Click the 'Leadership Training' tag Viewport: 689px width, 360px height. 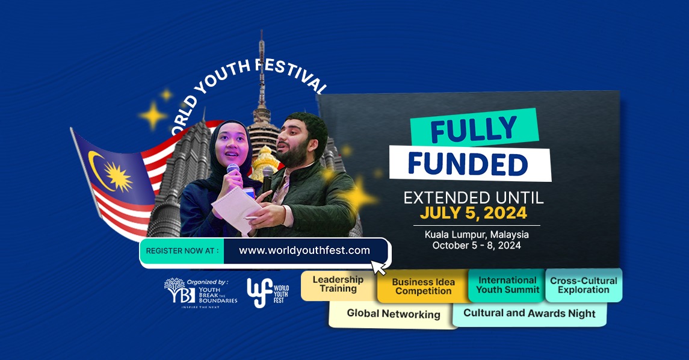[338, 284]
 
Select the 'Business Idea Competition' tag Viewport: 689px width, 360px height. [423, 287]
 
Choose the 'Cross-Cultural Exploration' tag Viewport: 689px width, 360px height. [583, 285]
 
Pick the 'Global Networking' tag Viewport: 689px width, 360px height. [393, 314]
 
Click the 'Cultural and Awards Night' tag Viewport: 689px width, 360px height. [529, 314]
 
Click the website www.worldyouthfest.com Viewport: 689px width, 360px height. [304, 250]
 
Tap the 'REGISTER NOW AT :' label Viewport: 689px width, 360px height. [182, 250]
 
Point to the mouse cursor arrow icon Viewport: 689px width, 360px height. [378, 267]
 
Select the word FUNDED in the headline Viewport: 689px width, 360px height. [471, 164]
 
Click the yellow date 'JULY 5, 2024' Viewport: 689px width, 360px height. [473, 213]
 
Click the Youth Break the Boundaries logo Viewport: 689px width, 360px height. [200, 293]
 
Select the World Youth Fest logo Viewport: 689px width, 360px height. [268, 293]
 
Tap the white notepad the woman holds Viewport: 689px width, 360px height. [236, 208]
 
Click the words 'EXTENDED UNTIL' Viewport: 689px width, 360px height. [474, 197]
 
